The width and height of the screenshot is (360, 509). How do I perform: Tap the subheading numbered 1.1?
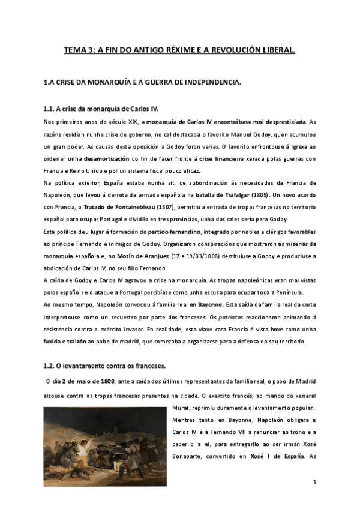(x=101, y=109)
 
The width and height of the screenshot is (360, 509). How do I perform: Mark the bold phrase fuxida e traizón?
(x=66, y=342)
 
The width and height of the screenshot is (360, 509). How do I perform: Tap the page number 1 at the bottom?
(x=314, y=482)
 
